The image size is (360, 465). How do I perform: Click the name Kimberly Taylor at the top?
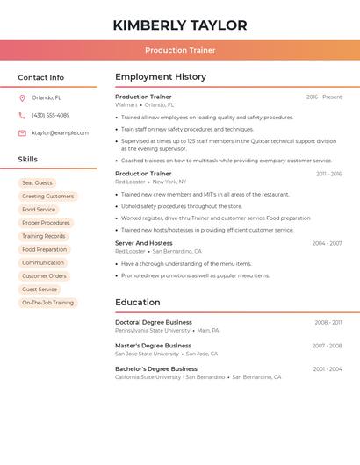click(x=180, y=25)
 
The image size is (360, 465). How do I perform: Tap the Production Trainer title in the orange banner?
click(x=180, y=50)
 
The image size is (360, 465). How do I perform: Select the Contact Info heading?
click(x=41, y=77)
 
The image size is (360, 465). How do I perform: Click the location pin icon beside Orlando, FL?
click(x=22, y=97)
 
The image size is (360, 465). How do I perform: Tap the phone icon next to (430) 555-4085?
click(x=22, y=115)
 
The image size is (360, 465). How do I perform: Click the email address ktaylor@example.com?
click(x=60, y=132)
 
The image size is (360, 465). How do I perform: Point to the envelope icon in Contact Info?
click(x=22, y=132)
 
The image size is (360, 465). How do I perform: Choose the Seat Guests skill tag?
click(x=37, y=182)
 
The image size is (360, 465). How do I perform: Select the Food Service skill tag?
click(x=39, y=210)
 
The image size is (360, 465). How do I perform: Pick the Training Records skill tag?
click(x=44, y=236)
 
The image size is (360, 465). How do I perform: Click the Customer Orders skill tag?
click(x=44, y=275)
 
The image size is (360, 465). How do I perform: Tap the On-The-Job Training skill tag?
click(x=48, y=303)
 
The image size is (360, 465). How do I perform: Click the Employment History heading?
click(x=161, y=77)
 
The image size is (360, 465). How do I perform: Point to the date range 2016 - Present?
click(x=324, y=97)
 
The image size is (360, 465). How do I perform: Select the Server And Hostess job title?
click(x=144, y=243)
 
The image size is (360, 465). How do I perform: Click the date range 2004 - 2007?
click(x=327, y=243)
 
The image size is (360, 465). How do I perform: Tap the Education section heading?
click(x=138, y=303)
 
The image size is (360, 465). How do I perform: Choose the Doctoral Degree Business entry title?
click(x=154, y=322)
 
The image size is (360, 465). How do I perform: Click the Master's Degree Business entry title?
click(x=153, y=346)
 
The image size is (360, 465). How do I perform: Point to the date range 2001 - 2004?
click(x=328, y=369)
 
